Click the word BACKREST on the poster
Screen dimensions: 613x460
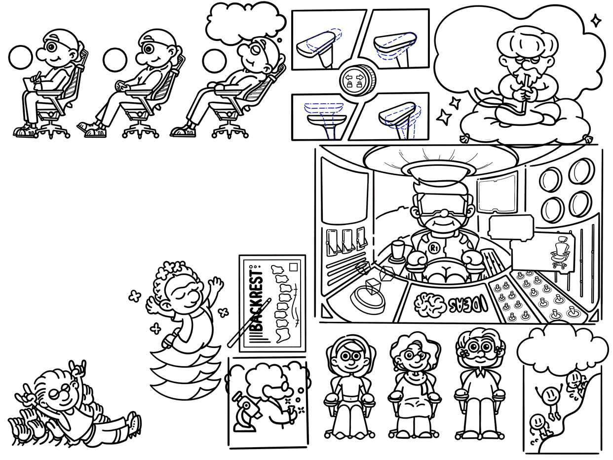point(256,301)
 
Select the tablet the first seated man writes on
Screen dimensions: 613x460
point(32,84)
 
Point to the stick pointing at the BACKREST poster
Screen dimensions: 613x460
point(249,323)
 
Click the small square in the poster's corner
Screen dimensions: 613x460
point(293,267)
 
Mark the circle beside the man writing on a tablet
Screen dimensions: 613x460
point(20,57)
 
